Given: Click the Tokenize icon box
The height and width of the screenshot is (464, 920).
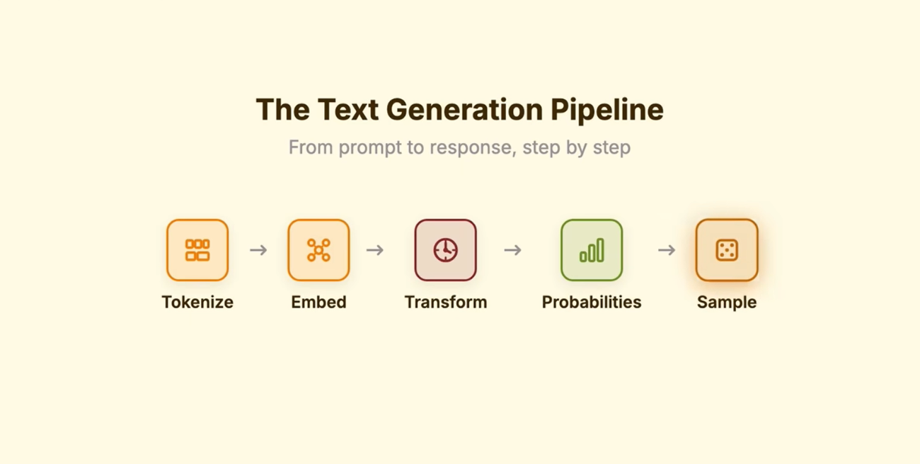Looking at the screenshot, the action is (197, 250).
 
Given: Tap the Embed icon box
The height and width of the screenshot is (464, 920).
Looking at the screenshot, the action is (318, 250).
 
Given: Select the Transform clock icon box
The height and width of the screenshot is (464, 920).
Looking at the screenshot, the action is (446, 250).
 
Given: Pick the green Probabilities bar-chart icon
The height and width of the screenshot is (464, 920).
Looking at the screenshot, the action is (592, 250).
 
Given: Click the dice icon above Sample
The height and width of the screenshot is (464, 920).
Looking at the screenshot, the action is (727, 250).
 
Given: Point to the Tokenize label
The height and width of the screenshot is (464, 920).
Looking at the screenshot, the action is (197, 302).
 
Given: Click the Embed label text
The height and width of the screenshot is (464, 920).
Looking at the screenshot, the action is (318, 302).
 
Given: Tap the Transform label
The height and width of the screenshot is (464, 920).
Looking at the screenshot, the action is (446, 302).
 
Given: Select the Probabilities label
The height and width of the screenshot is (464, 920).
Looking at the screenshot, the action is (592, 302).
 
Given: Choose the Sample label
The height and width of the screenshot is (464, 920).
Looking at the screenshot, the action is (727, 302).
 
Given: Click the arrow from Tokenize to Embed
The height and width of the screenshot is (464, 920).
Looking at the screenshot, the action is (258, 250).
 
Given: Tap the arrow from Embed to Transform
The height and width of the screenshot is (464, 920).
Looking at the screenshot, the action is (375, 250).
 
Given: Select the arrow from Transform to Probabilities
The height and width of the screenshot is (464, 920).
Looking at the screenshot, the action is (513, 250).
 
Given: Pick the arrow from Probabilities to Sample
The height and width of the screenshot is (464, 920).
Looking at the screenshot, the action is (667, 250).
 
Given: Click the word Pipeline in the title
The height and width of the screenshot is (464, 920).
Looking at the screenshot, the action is (607, 110).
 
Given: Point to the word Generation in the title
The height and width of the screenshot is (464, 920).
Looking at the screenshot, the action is (464, 109).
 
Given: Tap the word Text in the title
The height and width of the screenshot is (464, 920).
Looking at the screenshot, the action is (348, 109).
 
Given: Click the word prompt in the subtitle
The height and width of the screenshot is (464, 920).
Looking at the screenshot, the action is (369, 148).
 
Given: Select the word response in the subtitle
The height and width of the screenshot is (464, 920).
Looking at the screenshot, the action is (473, 148).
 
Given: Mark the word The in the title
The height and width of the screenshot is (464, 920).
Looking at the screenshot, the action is (283, 109).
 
